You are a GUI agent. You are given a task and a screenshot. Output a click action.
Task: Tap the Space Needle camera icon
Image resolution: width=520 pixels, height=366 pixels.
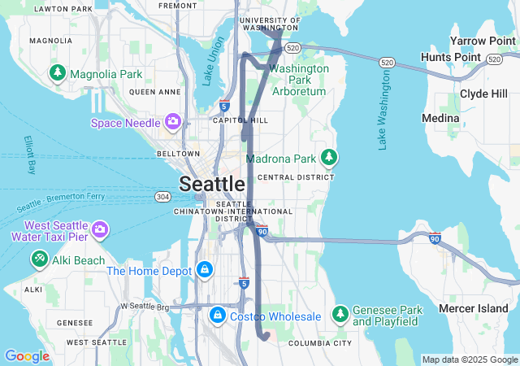(172, 123)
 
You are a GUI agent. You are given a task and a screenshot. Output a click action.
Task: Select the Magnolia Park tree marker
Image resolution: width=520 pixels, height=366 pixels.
(58, 74)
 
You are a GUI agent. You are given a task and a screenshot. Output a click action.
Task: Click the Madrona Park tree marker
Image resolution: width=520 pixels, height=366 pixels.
(329, 157)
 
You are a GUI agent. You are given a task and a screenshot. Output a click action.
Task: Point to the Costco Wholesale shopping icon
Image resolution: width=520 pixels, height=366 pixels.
(218, 315)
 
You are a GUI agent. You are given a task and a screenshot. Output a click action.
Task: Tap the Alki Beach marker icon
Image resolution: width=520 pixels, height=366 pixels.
(39, 259)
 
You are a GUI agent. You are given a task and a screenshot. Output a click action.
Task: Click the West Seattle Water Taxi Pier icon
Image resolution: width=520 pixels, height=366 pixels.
(100, 230)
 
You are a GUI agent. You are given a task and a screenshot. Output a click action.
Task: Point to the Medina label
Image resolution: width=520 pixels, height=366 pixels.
(440, 119)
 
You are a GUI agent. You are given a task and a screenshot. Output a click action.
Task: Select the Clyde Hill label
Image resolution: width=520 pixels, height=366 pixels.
(484, 94)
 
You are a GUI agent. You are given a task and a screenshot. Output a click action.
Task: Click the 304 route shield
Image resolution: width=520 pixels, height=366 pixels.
(163, 197)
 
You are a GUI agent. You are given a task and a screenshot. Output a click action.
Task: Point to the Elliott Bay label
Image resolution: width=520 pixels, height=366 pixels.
(31, 154)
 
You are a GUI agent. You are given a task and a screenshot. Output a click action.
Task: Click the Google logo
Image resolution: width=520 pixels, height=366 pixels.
(27, 356)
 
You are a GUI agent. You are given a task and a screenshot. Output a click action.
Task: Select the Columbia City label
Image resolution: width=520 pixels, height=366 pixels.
(321, 343)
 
